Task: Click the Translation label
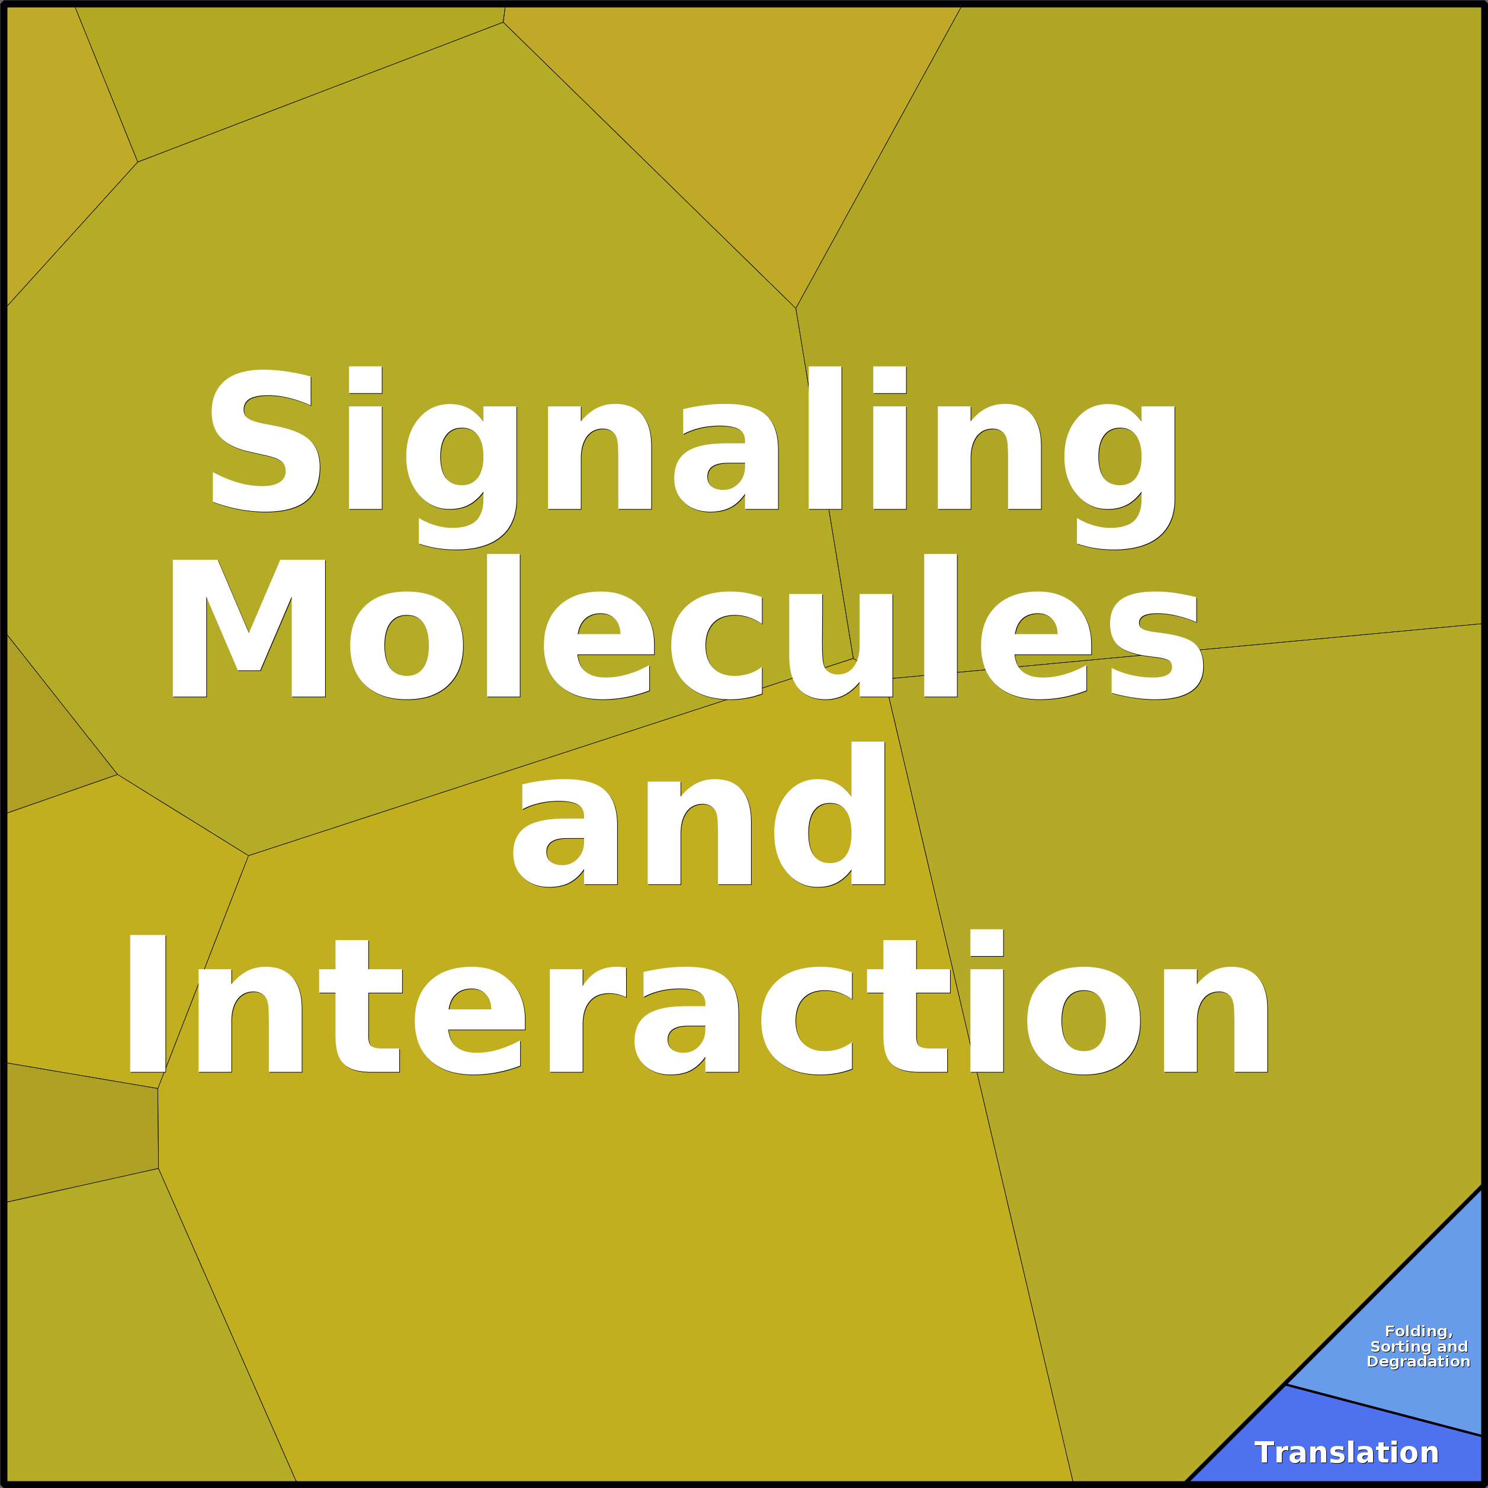coord(1346,1452)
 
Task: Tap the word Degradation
coord(1419,1362)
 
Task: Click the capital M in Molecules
coord(249,628)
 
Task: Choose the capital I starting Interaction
coord(147,1003)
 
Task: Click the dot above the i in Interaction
coord(987,942)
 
